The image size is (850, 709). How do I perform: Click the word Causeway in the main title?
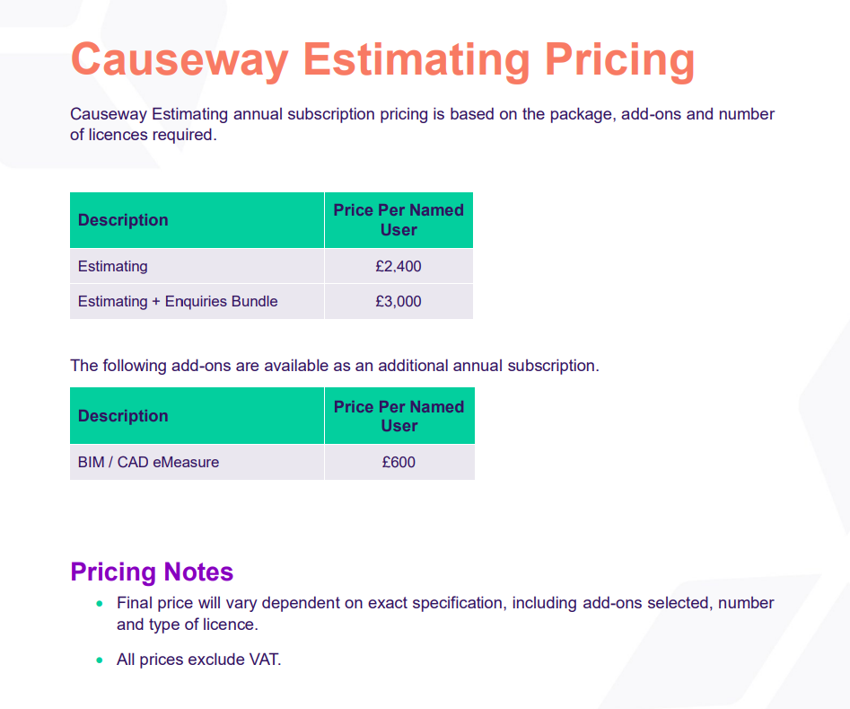180,60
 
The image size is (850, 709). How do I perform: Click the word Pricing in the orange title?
619,61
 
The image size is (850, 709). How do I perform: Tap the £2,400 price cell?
399,266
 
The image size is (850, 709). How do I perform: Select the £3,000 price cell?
399,301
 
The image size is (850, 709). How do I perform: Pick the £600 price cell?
399,462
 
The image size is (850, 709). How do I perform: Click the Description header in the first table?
123,220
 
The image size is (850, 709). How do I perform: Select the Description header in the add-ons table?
123,416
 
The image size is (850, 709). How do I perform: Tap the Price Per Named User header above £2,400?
399,220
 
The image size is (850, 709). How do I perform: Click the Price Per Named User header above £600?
399,416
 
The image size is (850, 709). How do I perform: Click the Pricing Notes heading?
152,572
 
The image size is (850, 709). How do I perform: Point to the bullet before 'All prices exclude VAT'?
100,660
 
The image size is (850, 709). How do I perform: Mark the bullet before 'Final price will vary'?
100,604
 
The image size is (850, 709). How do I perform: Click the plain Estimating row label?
113,266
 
